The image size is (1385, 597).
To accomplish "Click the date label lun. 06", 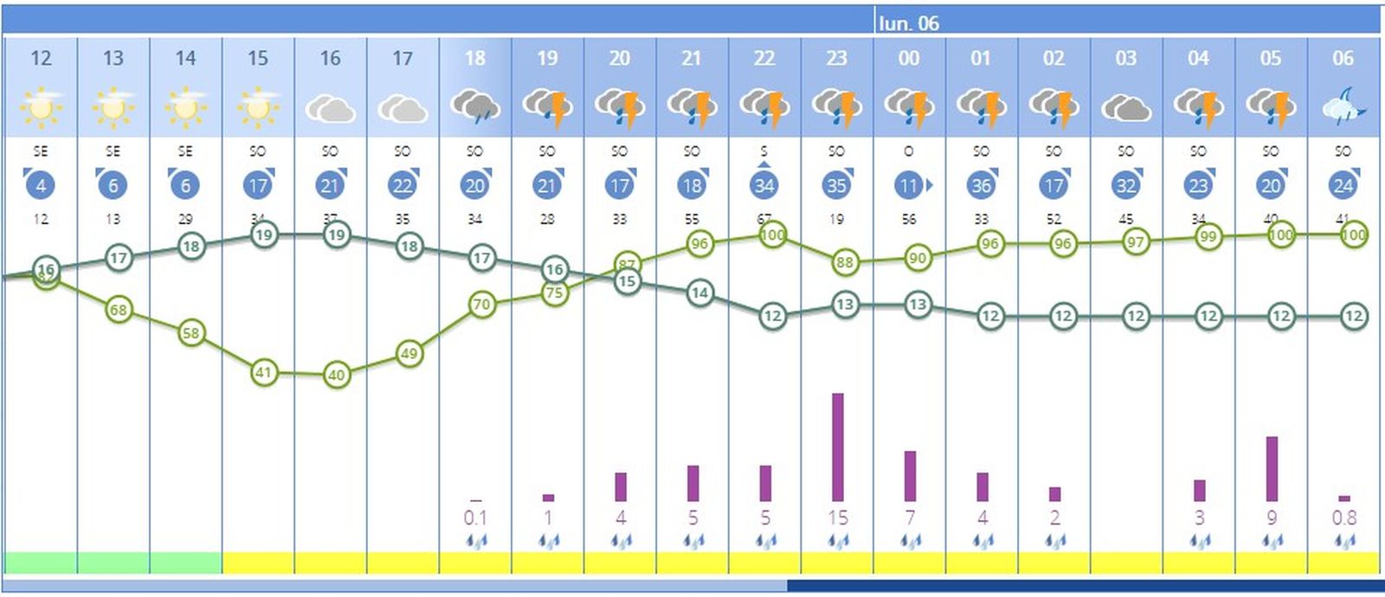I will click(x=908, y=23).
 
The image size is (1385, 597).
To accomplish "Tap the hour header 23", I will click(x=836, y=58).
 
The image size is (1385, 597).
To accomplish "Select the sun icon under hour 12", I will click(x=41, y=107).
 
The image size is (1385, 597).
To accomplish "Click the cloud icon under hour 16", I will click(x=330, y=109).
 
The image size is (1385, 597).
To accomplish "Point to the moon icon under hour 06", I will click(x=1343, y=107).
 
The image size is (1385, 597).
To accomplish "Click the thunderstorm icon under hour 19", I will click(x=547, y=107).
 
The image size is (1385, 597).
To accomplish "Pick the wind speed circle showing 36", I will click(x=981, y=185).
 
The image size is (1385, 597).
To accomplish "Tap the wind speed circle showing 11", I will click(x=907, y=185).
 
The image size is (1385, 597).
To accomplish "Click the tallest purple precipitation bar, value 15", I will click(x=837, y=447).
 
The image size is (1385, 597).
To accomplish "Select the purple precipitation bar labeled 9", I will click(x=1272, y=469).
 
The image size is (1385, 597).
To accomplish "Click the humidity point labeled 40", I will click(x=337, y=376).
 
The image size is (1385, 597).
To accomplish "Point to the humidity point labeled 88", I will click(x=845, y=262).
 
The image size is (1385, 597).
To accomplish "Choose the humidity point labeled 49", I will click(x=409, y=353).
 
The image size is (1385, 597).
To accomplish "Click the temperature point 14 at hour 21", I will click(x=699, y=293).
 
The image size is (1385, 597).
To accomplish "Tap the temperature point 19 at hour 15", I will click(x=264, y=234).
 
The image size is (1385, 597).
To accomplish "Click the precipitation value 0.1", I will click(x=475, y=518).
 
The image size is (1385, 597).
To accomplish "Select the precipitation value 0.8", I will click(x=1343, y=518).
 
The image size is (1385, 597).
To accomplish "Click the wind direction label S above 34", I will click(x=763, y=151).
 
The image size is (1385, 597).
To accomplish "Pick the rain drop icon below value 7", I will click(x=909, y=542).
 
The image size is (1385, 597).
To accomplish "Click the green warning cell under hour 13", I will click(x=113, y=563).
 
